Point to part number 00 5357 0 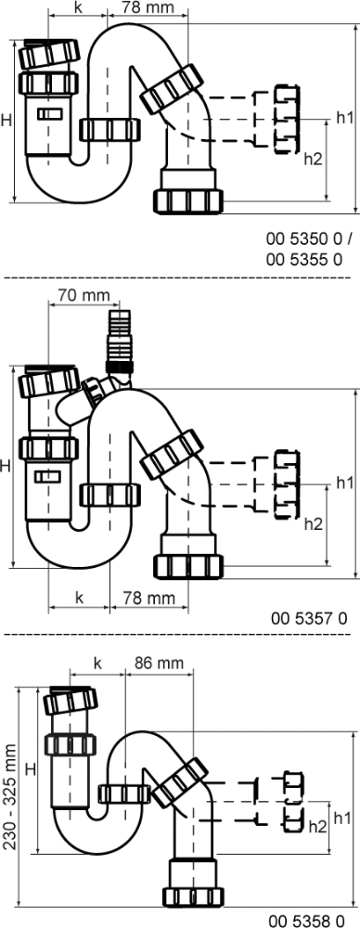[309, 618]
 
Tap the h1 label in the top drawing [344, 117]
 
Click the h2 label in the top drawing [313, 159]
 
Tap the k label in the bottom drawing [97, 664]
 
